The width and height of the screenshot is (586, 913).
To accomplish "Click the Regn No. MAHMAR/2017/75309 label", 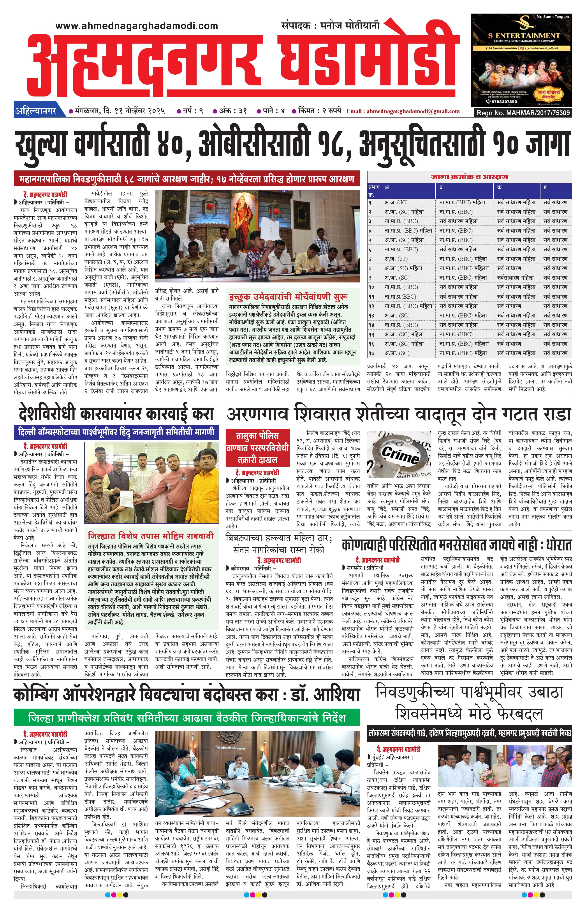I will pos(523,113).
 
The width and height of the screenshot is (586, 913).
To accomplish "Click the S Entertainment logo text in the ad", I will pos(524,35).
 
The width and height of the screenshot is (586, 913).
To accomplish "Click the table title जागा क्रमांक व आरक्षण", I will pos(469,177).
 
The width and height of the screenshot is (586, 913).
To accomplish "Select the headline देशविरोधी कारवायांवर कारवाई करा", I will pos(116,414).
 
